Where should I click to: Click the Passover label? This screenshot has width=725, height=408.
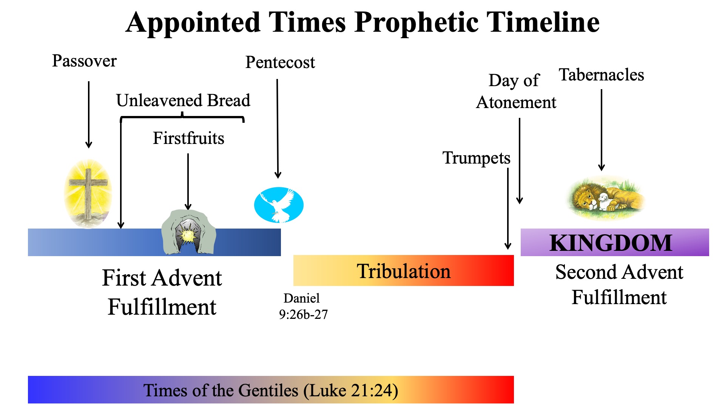[x=84, y=61]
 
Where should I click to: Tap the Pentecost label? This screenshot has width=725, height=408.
[x=280, y=62]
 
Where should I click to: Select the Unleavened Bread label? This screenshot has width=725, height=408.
[x=183, y=100]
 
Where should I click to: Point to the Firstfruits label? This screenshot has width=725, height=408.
[x=188, y=138]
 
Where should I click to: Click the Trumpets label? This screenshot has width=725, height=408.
[x=476, y=158]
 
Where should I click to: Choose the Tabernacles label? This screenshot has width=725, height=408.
[x=602, y=75]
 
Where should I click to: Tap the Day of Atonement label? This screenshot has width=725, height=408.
[x=516, y=91]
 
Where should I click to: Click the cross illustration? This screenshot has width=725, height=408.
[x=88, y=194]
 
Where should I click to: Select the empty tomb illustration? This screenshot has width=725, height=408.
[x=188, y=232]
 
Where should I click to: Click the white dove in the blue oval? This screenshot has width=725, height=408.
[x=279, y=205]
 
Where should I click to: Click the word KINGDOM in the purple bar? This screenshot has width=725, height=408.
[x=611, y=243]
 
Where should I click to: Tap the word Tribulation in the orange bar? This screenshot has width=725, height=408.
[x=404, y=271]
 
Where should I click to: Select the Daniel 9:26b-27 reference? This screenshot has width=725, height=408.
[x=303, y=306]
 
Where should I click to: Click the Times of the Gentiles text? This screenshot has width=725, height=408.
[x=271, y=391]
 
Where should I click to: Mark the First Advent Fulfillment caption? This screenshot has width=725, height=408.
[x=162, y=292]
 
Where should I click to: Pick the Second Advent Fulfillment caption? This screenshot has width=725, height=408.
[x=619, y=284]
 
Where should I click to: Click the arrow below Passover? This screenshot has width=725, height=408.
[x=89, y=115]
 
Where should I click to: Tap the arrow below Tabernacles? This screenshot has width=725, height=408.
[x=602, y=130]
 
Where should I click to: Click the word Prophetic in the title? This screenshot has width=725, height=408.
[x=416, y=23]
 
